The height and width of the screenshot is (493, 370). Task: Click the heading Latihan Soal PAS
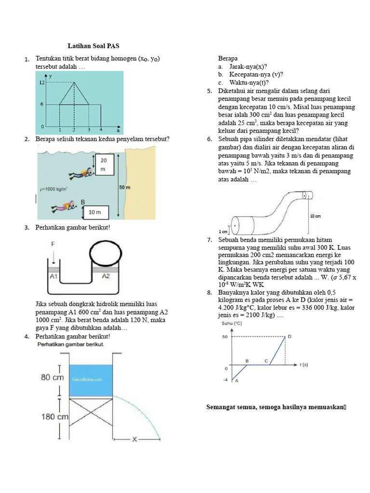pyautogui.click(x=93, y=46)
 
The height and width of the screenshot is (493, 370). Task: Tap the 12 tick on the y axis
pyautogui.click(x=42, y=83)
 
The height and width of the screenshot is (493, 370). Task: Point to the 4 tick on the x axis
pyautogui.click(x=101, y=130)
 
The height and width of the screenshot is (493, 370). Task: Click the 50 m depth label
pyautogui.click(x=125, y=187)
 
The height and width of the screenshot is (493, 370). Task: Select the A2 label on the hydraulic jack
pyautogui.click(x=106, y=276)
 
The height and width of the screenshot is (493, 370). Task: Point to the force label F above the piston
pyautogui.click(x=53, y=245)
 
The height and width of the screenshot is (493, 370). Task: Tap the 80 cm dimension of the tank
pyautogui.click(x=52, y=377)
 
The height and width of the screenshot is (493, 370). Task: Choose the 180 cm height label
pyautogui.click(x=54, y=416)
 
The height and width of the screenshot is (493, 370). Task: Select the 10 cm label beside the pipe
pyautogui.click(x=316, y=216)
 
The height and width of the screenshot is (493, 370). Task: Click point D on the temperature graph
pyautogui.click(x=290, y=337)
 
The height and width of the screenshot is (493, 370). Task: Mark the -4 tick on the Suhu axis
pyautogui.click(x=225, y=380)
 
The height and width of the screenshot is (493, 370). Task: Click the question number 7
pyautogui.click(x=210, y=240)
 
